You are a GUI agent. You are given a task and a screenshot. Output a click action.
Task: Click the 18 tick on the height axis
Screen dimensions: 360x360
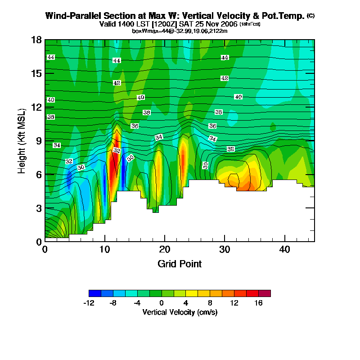(x=36, y=40)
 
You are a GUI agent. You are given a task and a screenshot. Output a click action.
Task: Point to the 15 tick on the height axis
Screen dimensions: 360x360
(x=36, y=73)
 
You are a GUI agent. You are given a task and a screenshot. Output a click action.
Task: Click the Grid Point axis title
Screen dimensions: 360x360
(x=180, y=264)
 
